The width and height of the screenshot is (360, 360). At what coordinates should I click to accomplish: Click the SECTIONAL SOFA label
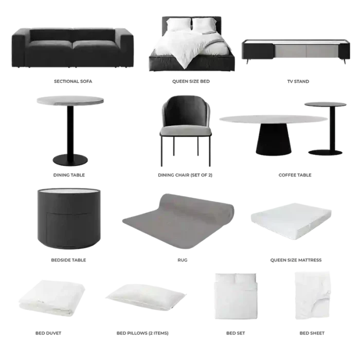[x=73, y=81]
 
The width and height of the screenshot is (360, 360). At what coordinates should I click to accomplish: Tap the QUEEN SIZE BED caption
[x=191, y=81]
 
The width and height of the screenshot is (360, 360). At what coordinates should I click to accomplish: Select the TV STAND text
[x=298, y=81]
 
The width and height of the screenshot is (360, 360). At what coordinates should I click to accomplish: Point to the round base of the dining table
[x=70, y=160]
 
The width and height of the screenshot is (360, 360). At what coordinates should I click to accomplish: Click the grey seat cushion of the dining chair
[x=186, y=131]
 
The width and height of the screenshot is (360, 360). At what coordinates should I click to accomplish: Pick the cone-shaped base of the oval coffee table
[x=274, y=139]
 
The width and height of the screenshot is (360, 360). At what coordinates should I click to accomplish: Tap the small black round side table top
[x=326, y=104]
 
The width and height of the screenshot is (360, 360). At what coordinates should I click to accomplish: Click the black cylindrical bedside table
[x=69, y=219]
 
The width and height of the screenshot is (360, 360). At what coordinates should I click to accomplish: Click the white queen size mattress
[x=291, y=221]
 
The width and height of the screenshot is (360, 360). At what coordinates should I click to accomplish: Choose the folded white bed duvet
[x=52, y=298]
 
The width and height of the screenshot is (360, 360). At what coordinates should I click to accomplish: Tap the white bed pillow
[x=146, y=297]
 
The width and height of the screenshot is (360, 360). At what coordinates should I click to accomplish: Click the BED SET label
[x=236, y=333]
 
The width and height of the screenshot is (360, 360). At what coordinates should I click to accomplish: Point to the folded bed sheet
[x=313, y=296]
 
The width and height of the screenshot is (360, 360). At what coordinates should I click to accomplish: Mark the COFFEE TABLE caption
[x=295, y=175]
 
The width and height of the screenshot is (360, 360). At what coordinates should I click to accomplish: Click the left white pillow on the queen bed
[x=178, y=25]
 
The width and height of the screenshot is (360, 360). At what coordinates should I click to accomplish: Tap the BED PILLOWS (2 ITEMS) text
[x=142, y=333]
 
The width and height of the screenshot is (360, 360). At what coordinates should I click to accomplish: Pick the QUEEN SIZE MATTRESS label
[x=296, y=260]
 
